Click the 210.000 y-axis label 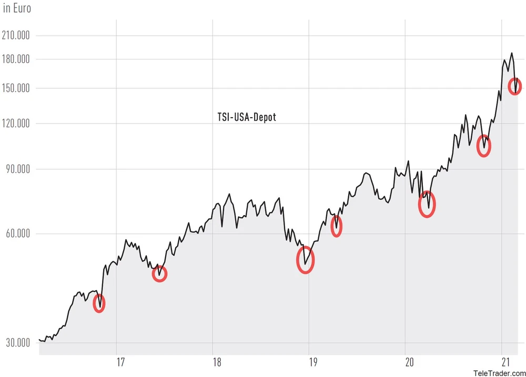click(16, 36)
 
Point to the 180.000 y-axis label click(16, 59)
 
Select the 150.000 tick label click(16, 88)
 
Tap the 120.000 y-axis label click(16, 124)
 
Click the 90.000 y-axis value click(18, 169)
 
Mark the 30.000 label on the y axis click(18, 343)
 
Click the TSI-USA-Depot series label click(247, 117)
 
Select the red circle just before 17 click(99, 303)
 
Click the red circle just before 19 click(305, 260)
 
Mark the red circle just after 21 click(515, 86)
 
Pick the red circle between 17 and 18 click(159, 273)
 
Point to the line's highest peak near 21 click(511, 53)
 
